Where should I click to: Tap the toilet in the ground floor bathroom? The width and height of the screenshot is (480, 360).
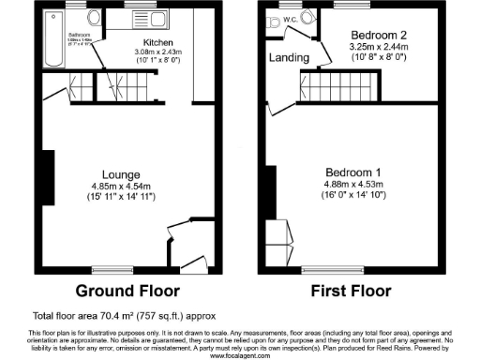click(92, 18)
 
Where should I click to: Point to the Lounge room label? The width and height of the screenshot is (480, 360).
click(122, 174)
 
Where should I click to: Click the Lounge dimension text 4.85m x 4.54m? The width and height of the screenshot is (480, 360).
click(122, 186)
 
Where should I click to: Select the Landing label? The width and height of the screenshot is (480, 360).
click(289, 58)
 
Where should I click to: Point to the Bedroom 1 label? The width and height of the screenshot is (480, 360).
click(352, 172)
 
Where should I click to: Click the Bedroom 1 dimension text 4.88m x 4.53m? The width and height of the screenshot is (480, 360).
click(352, 184)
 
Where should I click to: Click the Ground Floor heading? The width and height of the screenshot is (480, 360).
click(122, 290)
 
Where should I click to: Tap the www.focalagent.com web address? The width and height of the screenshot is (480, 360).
click(240, 355)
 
